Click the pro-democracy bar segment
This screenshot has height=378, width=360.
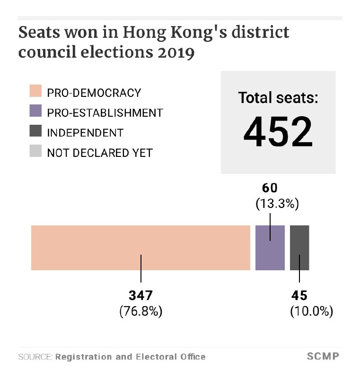pos(140,248)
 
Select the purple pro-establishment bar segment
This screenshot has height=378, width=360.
pos(270,248)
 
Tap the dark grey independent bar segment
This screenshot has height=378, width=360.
pos(299,248)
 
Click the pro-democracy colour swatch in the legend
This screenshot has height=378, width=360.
pos(35,92)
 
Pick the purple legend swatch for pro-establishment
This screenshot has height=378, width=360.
pos(35,112)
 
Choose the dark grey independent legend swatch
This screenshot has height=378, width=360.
pos(35,132)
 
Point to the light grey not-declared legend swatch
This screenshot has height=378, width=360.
pos(35,152)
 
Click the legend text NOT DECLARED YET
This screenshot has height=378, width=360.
pos(100,153)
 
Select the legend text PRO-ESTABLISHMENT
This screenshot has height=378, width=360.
pos(105,113)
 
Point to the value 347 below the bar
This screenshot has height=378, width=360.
pos(140,296)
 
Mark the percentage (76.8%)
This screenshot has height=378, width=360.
pos(140,311)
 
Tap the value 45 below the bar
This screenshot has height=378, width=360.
pos(299,296)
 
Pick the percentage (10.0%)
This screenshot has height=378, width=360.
pos(311,311)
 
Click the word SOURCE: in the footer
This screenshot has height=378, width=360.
pos(35,357)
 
